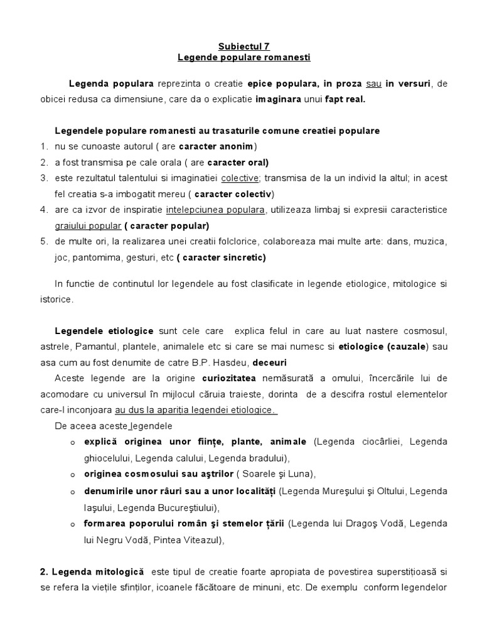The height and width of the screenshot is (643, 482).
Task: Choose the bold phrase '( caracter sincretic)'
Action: [213, 257]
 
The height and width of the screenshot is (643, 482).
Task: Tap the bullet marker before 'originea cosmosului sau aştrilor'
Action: [73, 474]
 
